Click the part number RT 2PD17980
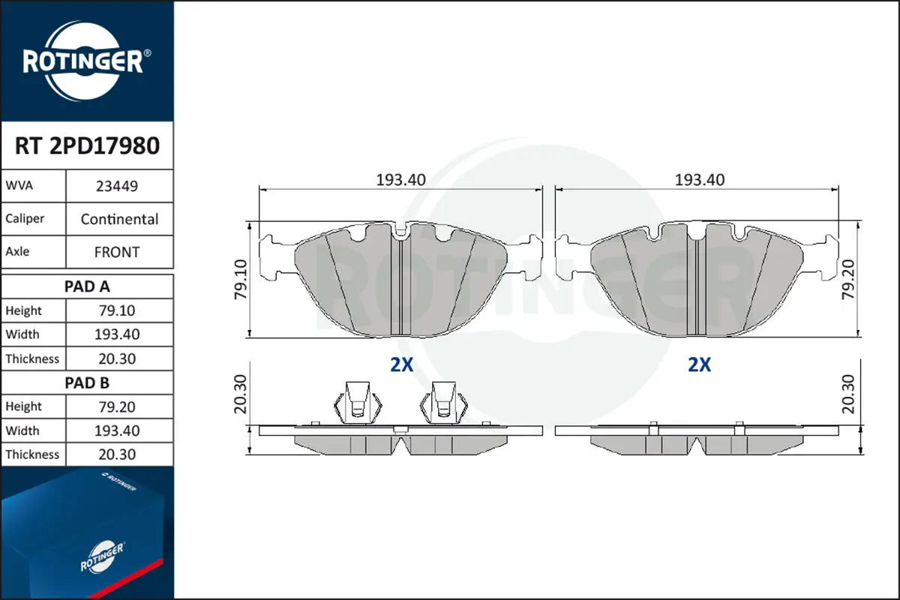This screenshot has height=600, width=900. coord(87,145)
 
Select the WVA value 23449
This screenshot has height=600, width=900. coord(117,186)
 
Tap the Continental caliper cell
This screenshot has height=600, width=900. coord(119,219)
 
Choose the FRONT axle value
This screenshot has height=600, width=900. coord(117,252)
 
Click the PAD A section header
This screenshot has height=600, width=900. coord(87,286)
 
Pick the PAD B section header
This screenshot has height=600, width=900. coord(87,383)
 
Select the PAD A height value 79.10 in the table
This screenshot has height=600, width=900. coord(117,310)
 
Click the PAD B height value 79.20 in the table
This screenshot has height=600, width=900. coord(117,407)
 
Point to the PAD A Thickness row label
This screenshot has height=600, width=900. coord(32,358)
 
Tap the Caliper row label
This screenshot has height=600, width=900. coord(25,218)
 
